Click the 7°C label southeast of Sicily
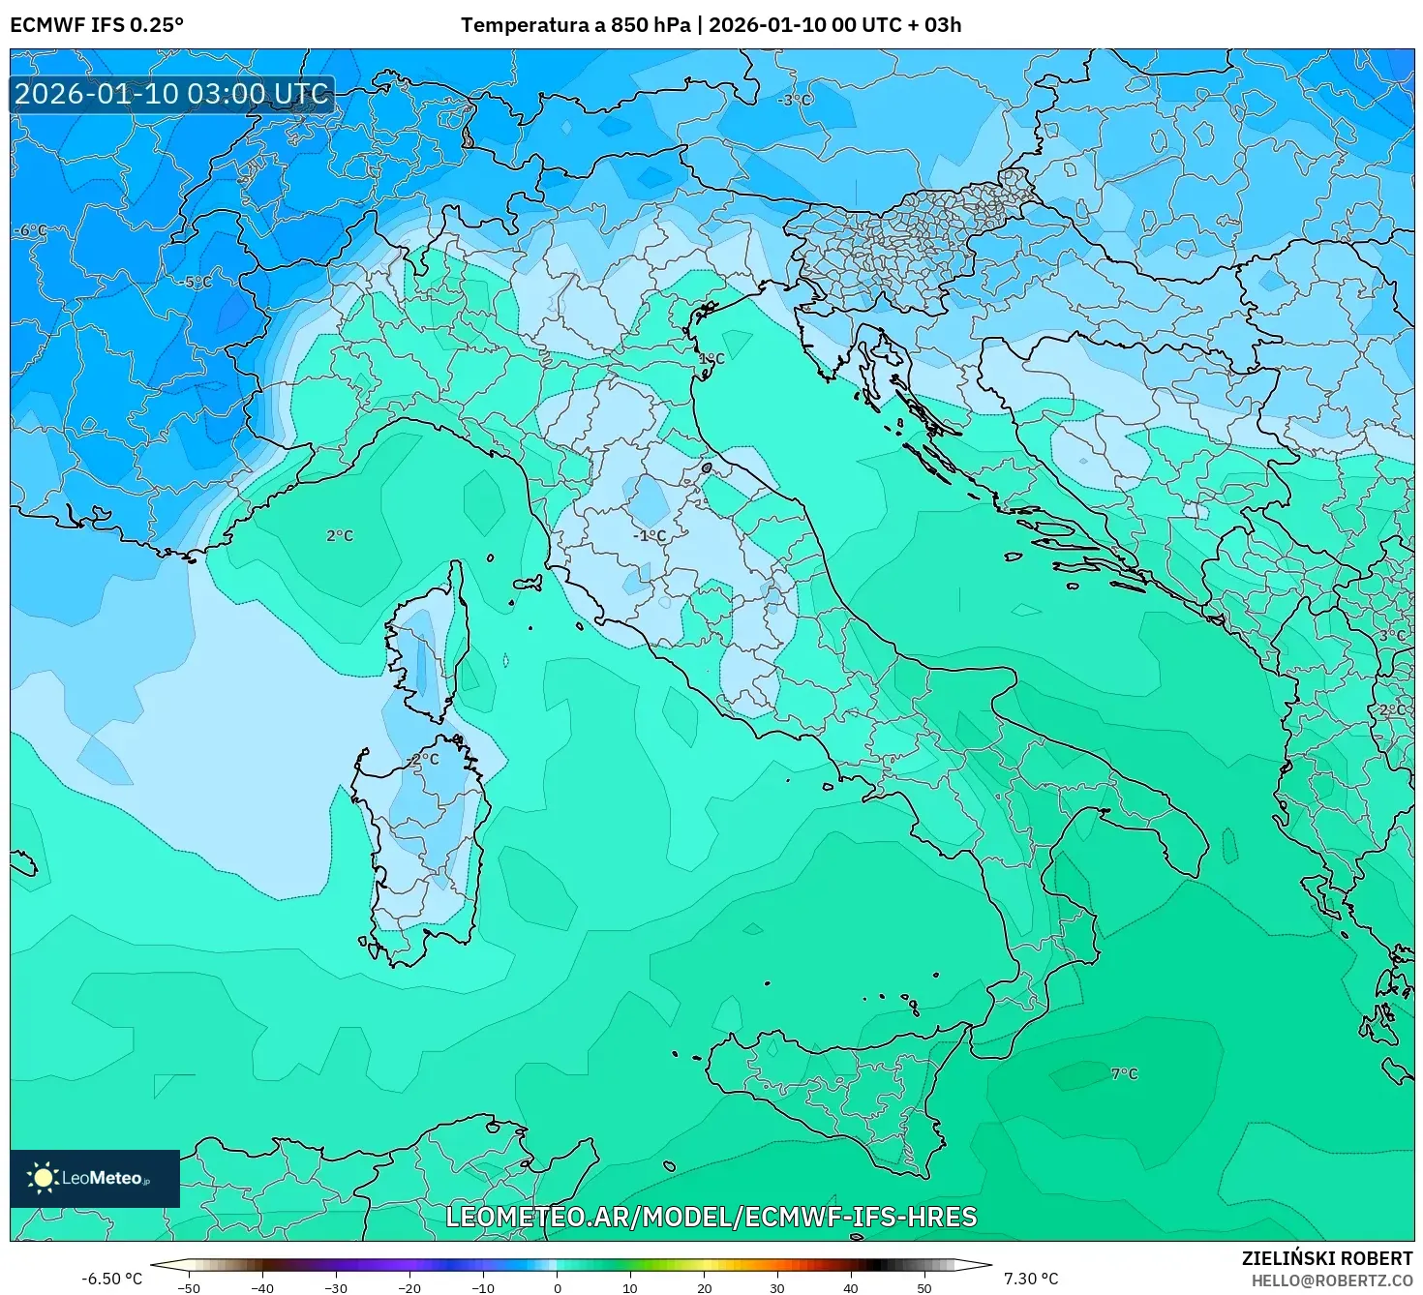click(1124, 1073)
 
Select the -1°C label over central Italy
click(650, 535)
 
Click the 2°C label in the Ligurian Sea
click(340, 535)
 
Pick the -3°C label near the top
click(796, 100)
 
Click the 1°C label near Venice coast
click(711, 358)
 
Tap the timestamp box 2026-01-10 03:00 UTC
click(172, 94)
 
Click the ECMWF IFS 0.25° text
click(97, 25)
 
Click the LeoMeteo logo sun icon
click(43, 1178)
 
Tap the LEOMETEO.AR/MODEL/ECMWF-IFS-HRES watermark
click(711, 1217)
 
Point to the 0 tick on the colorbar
click(557, 1287)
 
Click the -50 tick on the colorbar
click(189, 1287)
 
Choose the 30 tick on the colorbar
click(777, 1287)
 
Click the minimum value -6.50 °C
click(111, 1279)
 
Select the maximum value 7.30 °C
click(1030, 1279)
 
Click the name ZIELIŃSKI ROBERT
click(1326, 1258)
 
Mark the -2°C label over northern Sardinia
click(423, 760)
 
